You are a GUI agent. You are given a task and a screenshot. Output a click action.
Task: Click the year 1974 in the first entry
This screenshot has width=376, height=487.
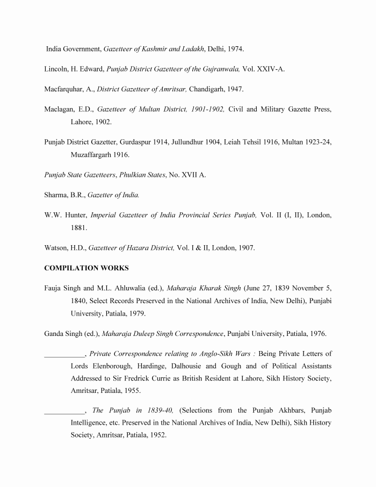pyautogui.click(x=235, y=49)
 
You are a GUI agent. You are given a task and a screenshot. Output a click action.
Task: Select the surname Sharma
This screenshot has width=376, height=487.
pyautogui.click(x=56, y=195)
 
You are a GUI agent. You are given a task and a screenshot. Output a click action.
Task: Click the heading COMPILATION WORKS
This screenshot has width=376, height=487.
pyautogui.click(x=86, y=268)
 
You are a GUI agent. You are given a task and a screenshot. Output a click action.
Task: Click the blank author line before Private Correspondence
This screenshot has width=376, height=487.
pyautogui.click(x=64, y=355)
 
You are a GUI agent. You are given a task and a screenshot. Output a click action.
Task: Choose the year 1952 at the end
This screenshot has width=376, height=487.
pyautogui.click(x=156, y=435)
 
